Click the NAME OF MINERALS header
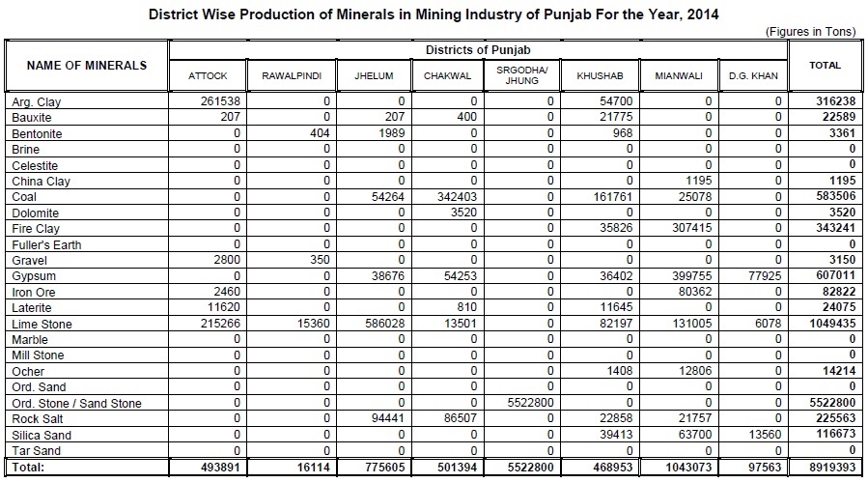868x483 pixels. (87, 66)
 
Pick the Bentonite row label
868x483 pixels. (35, 132)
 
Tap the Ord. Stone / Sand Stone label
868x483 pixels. (76, 404)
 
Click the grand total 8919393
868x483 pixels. (830, 468)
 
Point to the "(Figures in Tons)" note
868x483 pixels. (810, 32)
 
